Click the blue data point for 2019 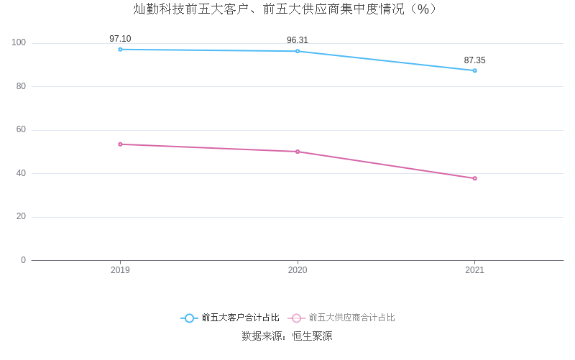pos(120,50)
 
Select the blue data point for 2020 pos(298,51)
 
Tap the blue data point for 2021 pos(474,70)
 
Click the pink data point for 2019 pos(120,144)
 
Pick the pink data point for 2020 pos(298,152)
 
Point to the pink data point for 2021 pos(474,178)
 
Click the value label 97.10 pos(120,39)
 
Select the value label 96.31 pos(298,40)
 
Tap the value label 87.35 pos(474,60)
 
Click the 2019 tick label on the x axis pos(120,270)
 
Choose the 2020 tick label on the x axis pos(298,270)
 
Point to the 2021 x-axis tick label pos(474,270)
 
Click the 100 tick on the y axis pos(19,43)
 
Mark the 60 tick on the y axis pos(21,130)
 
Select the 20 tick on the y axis pos(21,216)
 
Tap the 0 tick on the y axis pos(23,260)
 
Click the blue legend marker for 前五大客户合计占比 pos(189,318)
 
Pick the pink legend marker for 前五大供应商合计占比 pos(296,318)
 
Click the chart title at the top pos(287,9)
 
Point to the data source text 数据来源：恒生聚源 pos(287,336)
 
